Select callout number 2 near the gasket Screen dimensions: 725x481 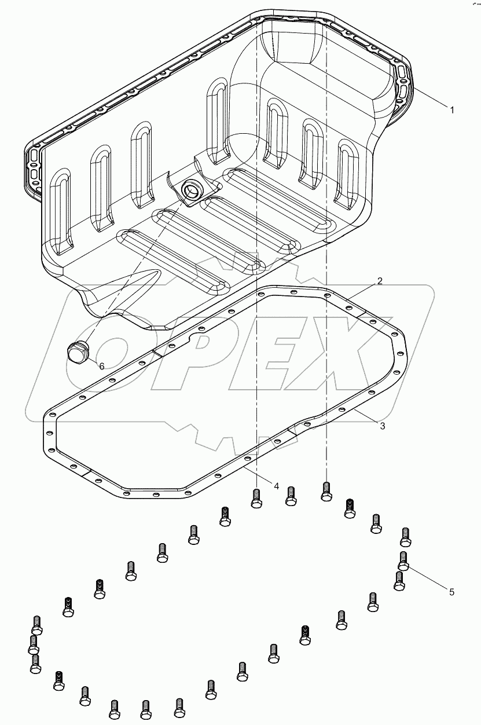point(380,281)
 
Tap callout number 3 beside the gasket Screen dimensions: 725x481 point(382,426)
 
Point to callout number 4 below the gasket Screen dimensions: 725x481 point(277,486)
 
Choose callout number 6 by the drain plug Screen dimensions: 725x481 point(101,366)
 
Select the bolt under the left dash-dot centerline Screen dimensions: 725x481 point(256,497)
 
